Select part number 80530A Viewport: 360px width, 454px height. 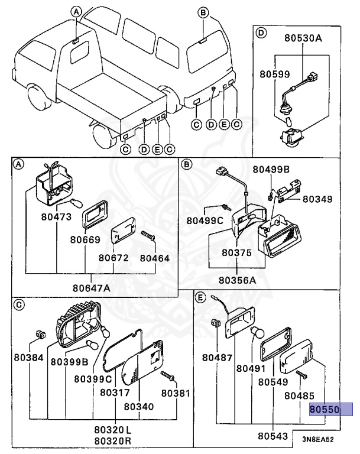[x=303, y=39]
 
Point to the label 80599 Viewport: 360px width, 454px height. [x=274, y=74]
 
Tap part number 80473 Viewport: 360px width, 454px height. [x=56, y=217]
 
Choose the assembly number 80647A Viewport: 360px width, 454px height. [x=92, y=288]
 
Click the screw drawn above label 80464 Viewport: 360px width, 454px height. [x=148, y=235]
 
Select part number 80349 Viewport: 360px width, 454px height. [x=319, y=199]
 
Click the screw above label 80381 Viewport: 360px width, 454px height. [x=170, y=376]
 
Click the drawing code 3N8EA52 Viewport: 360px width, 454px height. [x=318, y=440]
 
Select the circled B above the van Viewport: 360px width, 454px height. [x=203, y=12]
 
